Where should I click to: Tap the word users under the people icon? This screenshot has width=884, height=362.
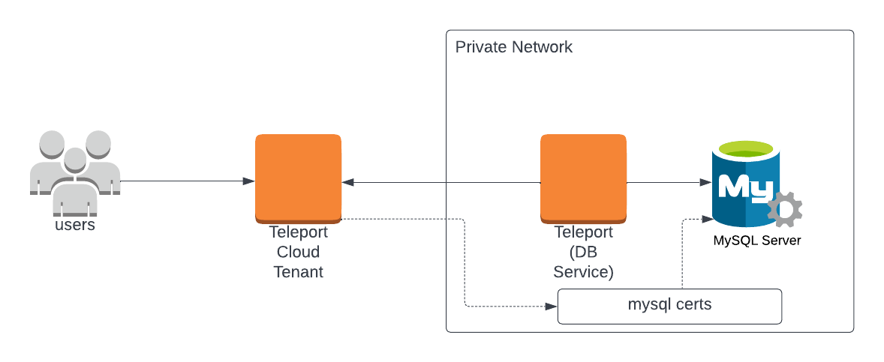coord(75,224)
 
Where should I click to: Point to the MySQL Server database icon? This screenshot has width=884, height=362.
coord(747,184)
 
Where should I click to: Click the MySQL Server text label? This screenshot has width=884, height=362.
coord(756,241)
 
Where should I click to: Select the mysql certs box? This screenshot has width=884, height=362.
coord(669,306)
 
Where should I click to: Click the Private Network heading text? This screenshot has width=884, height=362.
coord(513,47)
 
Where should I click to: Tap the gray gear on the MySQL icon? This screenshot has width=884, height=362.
coord(785,209)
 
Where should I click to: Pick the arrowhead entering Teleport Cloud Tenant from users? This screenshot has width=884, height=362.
coord(248,181)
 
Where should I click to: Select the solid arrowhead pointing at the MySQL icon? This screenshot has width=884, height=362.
coord(705,182)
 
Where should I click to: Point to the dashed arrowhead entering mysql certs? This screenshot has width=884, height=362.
coord(552,307)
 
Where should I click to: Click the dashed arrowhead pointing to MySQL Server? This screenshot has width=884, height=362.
coord(705,219)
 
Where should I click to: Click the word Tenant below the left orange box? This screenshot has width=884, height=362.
coord(298,271)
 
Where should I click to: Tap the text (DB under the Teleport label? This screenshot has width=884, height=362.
coord(583,252)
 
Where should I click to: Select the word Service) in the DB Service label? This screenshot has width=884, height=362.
coord(583,271)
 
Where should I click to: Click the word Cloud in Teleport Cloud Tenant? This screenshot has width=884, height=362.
coord(298,252)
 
